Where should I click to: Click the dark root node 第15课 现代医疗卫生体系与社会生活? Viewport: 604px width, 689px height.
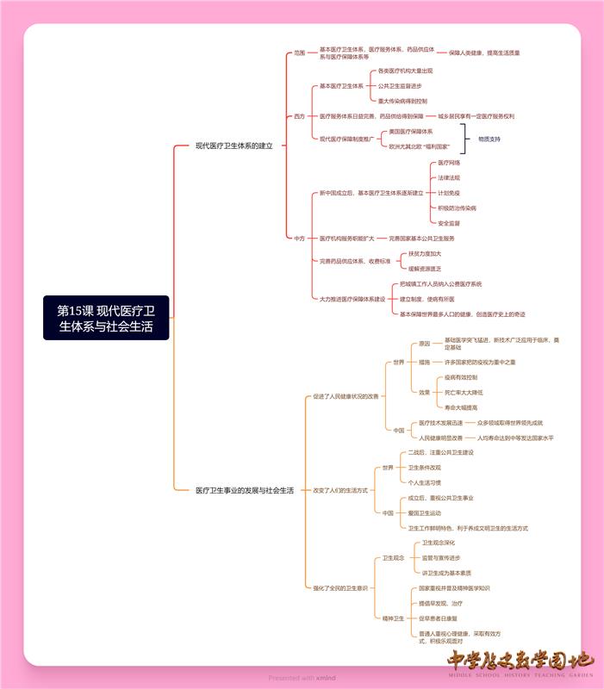coord(106,318)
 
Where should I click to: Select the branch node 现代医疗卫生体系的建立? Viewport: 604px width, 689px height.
coord(234,146)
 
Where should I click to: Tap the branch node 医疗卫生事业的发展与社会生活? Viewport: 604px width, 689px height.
coord(245,490)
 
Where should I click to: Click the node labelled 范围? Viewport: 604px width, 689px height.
coord(299,53)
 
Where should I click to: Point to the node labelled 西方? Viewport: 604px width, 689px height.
coord(299,115)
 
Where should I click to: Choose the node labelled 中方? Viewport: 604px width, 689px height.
coord(299,238)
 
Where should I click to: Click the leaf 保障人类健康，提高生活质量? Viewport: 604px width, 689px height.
coord(484,53)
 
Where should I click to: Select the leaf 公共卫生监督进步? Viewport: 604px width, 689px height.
coord(400,86)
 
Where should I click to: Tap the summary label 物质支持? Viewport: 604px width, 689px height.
coord(489,139)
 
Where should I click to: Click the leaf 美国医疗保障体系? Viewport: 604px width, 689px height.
coord(411,132)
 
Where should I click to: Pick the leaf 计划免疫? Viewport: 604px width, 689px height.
coord(449,193)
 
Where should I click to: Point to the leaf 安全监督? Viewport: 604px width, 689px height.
coord(449,223)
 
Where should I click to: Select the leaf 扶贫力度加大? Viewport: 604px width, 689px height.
coord(425,253)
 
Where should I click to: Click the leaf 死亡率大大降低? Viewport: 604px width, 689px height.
coord(464,392)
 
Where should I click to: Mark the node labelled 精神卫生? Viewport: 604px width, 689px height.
coord(393,618)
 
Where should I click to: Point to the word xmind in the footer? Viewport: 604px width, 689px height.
coord(326,678)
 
